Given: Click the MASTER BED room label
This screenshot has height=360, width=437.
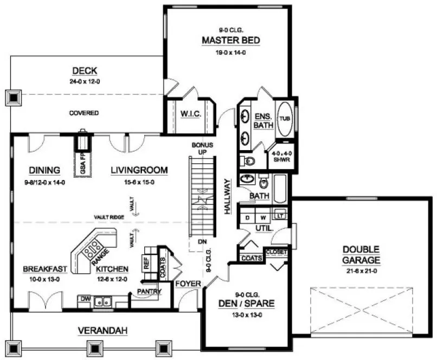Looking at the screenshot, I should pyautogui.click(x=231, y=41).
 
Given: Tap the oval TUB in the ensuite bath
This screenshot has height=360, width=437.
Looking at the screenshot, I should pyautogui.click(x=285, y=118).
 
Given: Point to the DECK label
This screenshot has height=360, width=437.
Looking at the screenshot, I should pyautogui.click(x=84, y=70).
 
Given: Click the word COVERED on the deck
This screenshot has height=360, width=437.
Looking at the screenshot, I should pyautogui.click(x=84, y=113).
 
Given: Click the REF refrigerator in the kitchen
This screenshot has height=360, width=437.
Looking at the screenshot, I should pyautogui.click(x=146, y=263).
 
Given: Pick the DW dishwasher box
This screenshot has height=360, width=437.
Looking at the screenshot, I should pyautogui.click(x=83, y=299).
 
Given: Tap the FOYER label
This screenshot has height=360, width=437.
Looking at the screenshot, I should pyautogui.click(x=188, y=284).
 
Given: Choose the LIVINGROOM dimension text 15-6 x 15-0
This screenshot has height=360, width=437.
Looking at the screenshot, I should pyautogui.click(x=139, y=183).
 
